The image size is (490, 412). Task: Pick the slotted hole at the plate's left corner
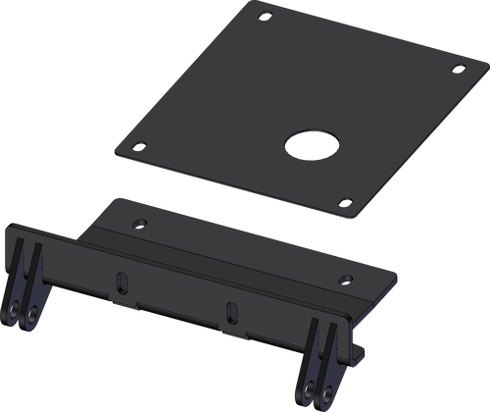click(139, 145)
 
